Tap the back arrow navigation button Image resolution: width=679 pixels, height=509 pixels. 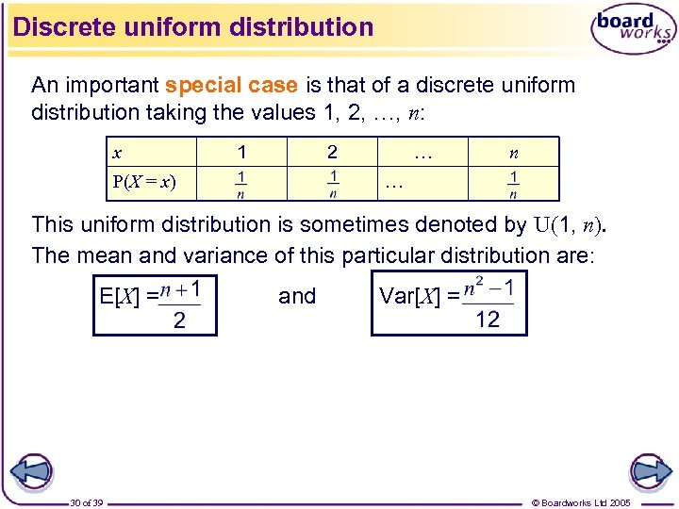(32, 470)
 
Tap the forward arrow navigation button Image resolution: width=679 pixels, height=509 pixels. (649, 470)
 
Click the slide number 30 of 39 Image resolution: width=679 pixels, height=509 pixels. (87, 502)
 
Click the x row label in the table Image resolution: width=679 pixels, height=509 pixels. (117, 153)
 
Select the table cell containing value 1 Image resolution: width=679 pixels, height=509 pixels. (242, 152)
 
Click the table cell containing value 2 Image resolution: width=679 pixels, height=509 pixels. (332, 152)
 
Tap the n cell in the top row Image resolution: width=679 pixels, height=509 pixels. (513, 153)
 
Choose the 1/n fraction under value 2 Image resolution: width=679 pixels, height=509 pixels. (333, 183)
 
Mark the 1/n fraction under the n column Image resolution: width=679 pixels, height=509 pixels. (513, 183)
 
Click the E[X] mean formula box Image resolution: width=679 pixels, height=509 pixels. (155, 304)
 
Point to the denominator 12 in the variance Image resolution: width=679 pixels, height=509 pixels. (488, 320)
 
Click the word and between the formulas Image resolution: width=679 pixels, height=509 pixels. (297, 296)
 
